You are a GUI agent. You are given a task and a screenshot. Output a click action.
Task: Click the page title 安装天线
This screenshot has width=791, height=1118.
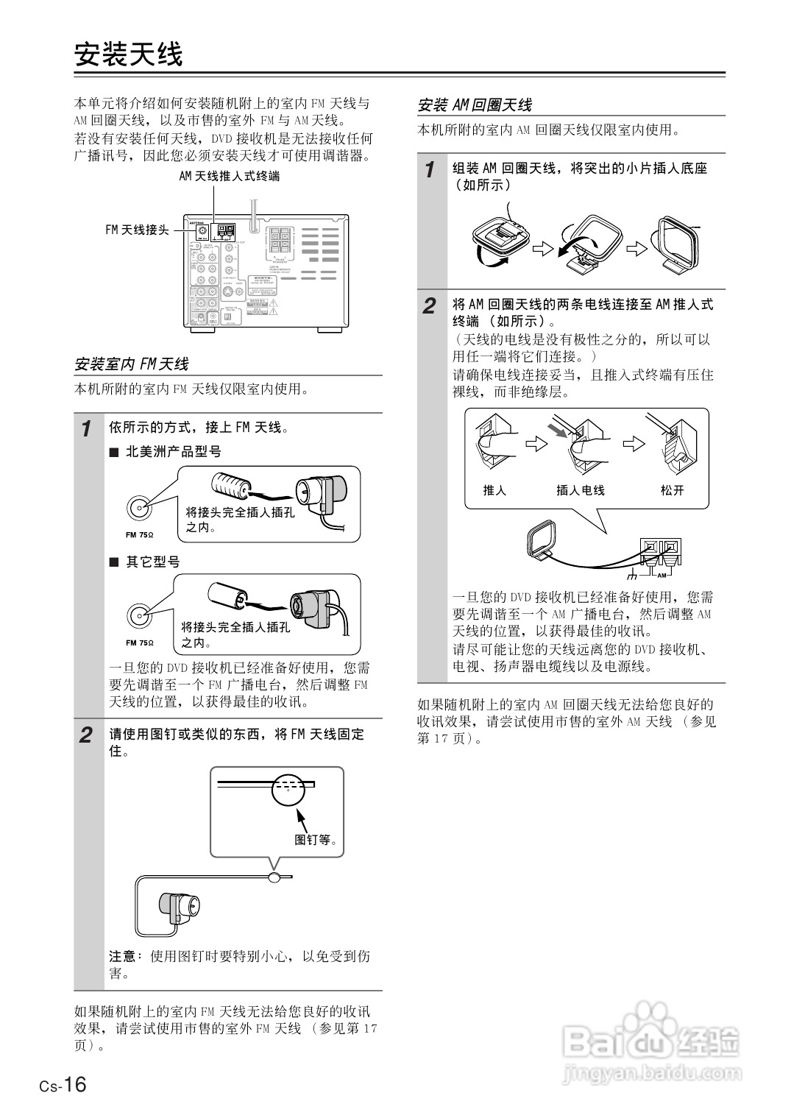[128, 54]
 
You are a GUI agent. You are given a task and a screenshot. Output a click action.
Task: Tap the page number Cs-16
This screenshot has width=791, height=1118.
[63, 1085]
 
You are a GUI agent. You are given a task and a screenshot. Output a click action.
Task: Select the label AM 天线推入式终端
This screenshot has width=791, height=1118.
[229, 177]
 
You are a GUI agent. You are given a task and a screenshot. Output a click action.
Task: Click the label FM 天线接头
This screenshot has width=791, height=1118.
[137, 230]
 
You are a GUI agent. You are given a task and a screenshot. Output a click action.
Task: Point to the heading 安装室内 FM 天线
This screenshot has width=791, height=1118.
[132, 364]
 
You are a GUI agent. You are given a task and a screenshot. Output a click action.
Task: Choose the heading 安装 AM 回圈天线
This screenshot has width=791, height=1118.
[475, 105]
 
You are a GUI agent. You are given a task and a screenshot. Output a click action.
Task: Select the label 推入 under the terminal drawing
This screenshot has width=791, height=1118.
[494, 490]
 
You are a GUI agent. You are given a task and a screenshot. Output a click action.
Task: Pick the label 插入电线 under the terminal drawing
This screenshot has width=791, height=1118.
[580, 490]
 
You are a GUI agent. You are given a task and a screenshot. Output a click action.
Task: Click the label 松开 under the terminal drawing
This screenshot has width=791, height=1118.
[672, 490]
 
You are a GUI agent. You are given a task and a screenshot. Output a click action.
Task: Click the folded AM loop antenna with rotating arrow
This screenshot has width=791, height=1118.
[500, 239]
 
